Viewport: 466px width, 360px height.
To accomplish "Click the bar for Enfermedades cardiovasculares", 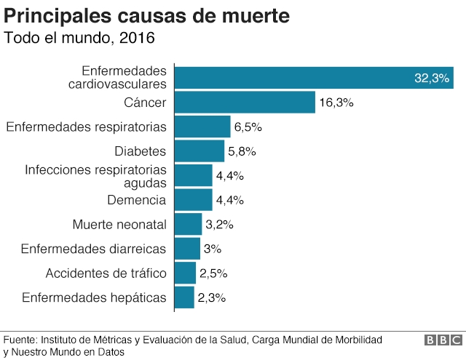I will click(313, 78).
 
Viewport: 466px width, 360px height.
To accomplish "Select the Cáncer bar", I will click(245, 103).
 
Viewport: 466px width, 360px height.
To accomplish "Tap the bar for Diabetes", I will click(200, 151).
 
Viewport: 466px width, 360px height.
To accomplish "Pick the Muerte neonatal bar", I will click(189, 224).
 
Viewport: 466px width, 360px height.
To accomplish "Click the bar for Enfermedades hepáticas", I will click(185, 297).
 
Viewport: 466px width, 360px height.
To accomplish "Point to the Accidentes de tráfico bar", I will click(186, 273).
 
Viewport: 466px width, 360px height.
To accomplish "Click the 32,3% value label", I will click(431, 79).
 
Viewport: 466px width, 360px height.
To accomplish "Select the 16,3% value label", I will click(336, 103).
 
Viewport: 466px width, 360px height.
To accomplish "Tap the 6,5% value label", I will click(248, 127).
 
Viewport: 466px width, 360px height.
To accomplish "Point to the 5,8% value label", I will click(242, 151).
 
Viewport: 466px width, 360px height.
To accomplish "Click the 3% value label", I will click(212, 249).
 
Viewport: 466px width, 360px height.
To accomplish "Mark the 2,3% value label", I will click(212, 297).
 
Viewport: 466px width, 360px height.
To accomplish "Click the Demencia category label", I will click(136, 200).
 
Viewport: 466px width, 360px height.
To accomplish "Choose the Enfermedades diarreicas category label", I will click(93, 249).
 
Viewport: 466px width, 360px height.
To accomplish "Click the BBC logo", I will click(443, 340).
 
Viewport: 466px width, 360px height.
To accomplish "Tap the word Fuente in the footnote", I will click(20, 340).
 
